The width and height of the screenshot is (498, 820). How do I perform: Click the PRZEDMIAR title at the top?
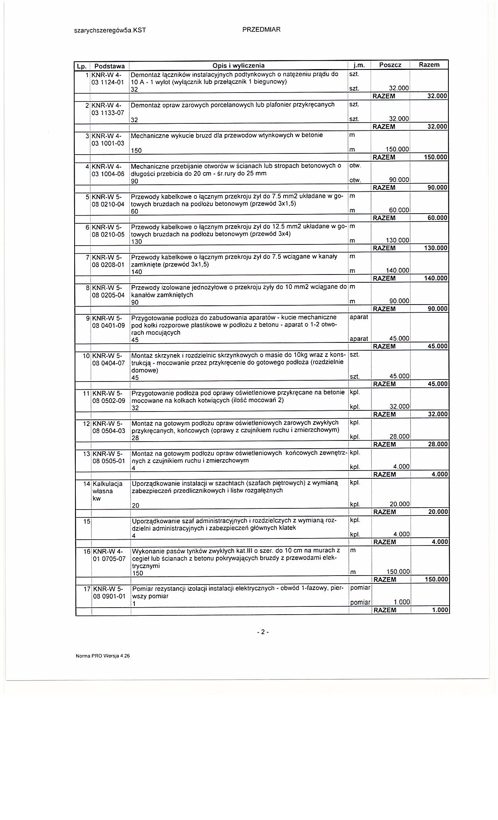click(261, 29)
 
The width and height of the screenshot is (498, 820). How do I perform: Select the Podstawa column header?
click(109, 66)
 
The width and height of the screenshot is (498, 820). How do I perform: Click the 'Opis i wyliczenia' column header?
click(238, 65)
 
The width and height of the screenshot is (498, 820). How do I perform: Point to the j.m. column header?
click(359, 65)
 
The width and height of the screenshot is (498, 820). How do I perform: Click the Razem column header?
click(429, 65)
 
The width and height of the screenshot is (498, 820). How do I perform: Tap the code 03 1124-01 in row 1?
click(107, 82)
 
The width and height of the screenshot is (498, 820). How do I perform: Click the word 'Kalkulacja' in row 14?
click(107, 484)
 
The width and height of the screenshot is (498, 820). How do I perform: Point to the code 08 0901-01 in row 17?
click(108, 597)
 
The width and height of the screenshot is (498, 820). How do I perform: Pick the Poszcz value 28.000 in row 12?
click(399, 437)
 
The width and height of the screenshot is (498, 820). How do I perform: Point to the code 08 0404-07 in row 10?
click(108, 363)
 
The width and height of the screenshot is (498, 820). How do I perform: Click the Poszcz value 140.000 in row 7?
click(397, 270)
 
